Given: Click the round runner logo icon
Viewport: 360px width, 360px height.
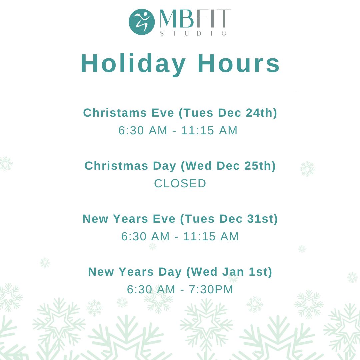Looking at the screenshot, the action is (x=142, y=22).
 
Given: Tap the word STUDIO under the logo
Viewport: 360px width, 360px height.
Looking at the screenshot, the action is (x=193, y=34).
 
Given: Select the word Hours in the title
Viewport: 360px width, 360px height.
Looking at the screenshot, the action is (x=239, y=63).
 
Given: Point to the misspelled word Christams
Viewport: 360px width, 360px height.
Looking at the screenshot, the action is (x=115, y=113).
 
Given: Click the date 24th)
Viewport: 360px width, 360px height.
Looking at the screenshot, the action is (x=261, y=113).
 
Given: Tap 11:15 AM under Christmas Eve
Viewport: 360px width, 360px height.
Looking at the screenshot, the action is (x=209, y=130).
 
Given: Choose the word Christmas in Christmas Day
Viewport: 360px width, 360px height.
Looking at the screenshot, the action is (x=116, y=166).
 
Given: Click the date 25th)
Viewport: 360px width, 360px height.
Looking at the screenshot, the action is (x=260, y=166).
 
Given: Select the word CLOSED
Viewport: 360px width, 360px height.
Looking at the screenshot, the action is (x=180, y=183).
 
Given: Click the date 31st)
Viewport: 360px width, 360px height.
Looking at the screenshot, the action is (x=262, y=219).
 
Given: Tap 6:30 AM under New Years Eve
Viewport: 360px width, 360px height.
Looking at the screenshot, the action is (x=145, y=236).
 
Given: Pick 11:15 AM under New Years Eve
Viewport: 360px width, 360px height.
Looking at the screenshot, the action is (x=211, y=236).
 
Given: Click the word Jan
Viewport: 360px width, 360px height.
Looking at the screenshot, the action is (x=233, y=272).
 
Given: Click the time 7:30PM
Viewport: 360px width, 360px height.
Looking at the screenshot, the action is (x=211, y=290).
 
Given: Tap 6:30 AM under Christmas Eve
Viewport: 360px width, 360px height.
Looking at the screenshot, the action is (x=143, y=130).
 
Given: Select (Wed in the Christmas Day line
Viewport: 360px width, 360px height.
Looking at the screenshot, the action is (x=196, y=166).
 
